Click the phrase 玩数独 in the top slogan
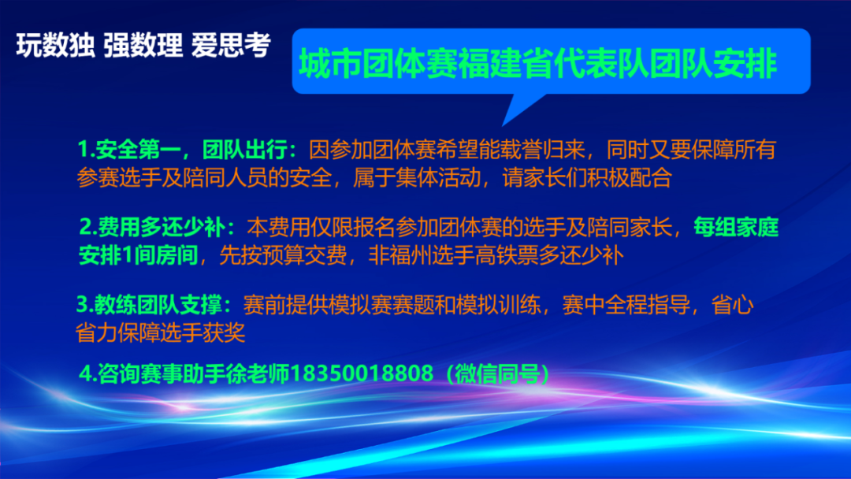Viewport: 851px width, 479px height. point(55,45)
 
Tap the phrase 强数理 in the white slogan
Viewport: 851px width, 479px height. point(143,45)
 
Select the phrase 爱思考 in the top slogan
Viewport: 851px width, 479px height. point(231,45)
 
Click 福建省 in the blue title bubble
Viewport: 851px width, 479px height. point(505,64)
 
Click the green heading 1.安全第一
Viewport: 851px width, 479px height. point(129,150)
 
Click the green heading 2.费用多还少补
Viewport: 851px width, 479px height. point(152,228)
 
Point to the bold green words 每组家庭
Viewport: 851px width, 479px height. point(736,228)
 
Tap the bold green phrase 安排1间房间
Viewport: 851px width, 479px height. point(139,255)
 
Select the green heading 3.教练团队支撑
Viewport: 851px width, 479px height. point(149,305)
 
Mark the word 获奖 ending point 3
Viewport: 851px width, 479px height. point(224,332)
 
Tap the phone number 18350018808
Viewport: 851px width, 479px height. point(362,373)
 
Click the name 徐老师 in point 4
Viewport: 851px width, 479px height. point(258,373)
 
